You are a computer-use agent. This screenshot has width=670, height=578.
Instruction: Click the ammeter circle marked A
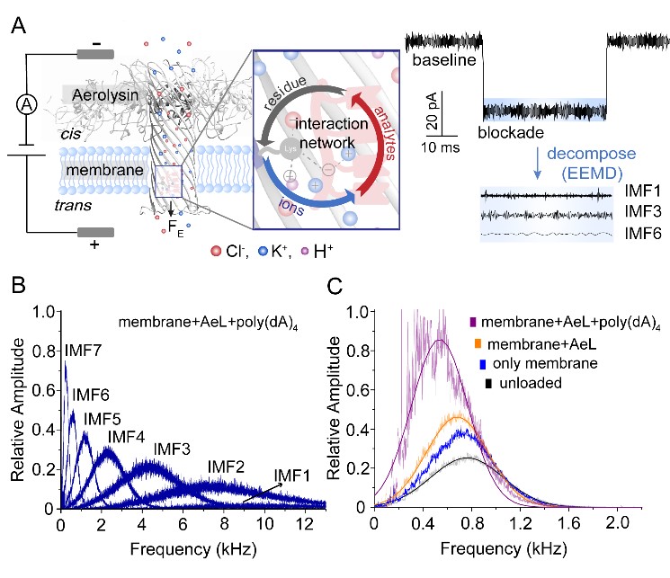pyautogui.click(x=24, y=103)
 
